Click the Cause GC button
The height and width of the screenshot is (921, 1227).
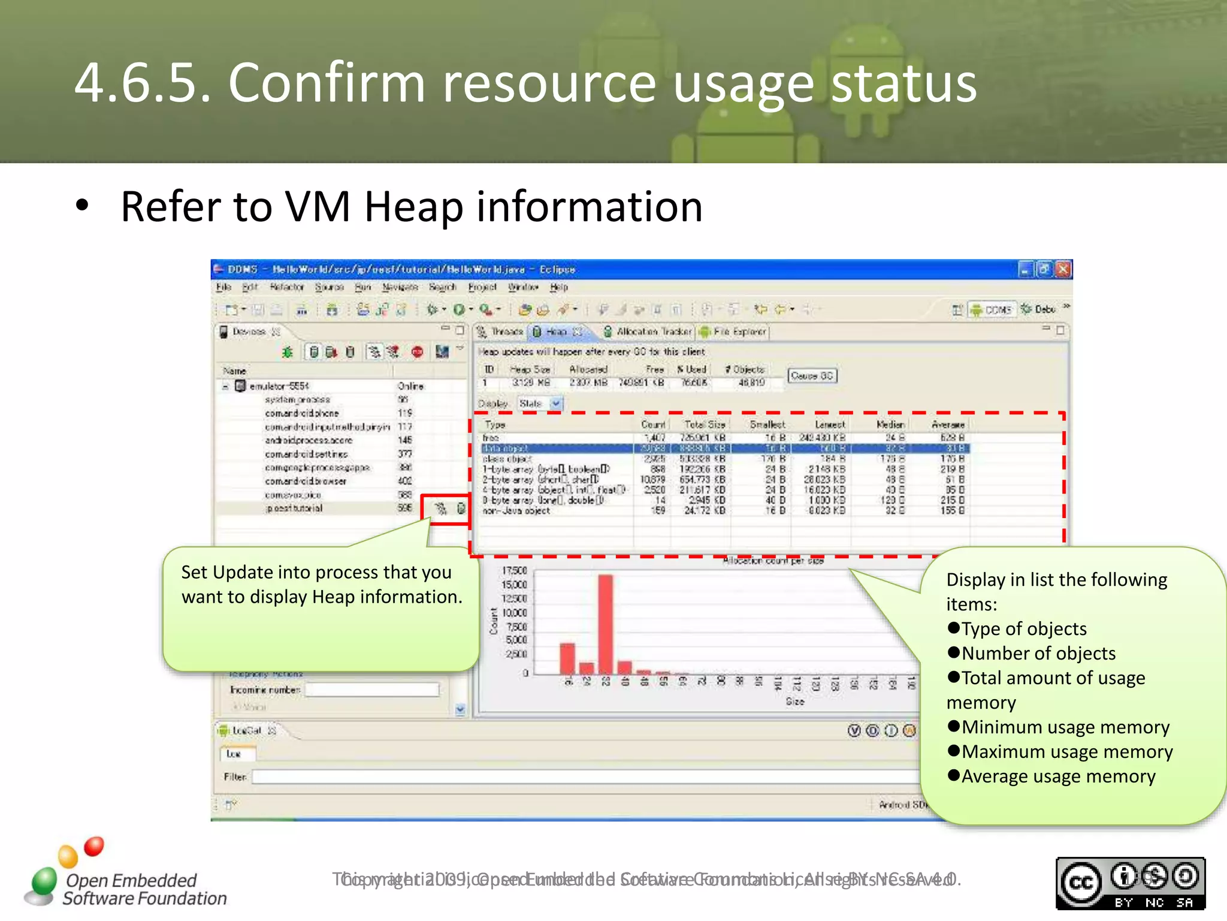811,376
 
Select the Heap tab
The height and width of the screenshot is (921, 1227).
557,332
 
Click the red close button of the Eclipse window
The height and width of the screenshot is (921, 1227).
1063,270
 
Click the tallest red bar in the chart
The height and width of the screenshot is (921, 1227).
605,624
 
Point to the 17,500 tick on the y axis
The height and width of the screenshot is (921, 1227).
514,571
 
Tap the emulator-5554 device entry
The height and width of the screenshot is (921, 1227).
279,386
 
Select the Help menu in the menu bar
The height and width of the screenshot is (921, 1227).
559,287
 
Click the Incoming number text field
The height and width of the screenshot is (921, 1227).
372,690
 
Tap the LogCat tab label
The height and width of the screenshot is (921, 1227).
246,730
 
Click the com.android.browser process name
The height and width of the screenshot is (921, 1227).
306,481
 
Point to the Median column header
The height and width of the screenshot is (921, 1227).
890,425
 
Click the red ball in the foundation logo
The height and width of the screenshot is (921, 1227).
93,846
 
